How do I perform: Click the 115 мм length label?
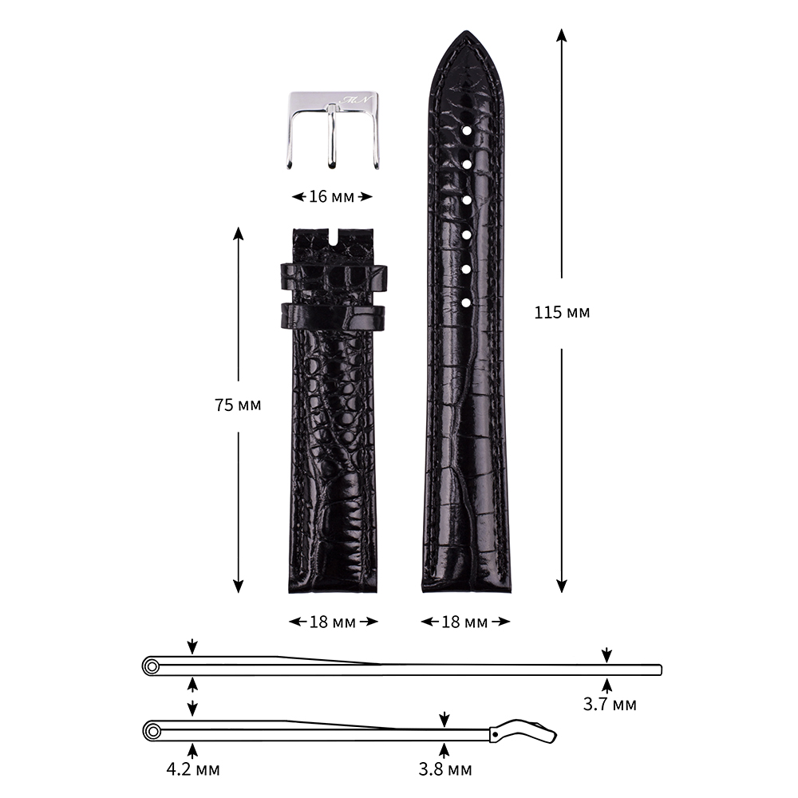pyautogui.click(x=562, y=312)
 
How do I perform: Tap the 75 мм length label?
pyautogui.click(x=238, y=405)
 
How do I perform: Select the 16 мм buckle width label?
pyautogui.click(x=331, y=196)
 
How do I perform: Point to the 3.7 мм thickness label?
pyautogui.click(x=610, y=705)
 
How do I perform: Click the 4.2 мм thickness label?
pyautogui.click(x=193, y=769)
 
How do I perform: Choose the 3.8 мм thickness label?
pyautogui.click(x=444, y=769)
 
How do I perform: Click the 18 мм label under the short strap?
pyautogui.click(x=333, y=622)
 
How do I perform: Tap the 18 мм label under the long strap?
pyautogui.click(x=464, y=622)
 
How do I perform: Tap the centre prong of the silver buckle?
pyautogui.click(x=331, y=136)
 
